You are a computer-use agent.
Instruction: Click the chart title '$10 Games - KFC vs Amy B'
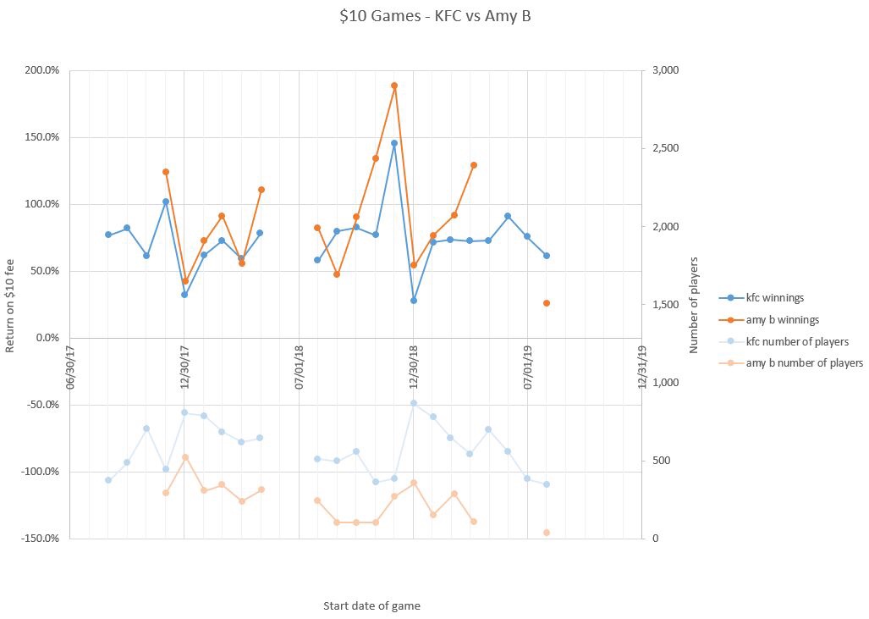coord(434,17)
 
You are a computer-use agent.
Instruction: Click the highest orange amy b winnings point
coord(394,86)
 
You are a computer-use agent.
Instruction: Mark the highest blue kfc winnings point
coord(394,143)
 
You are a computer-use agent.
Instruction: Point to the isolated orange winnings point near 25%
coord(547,303)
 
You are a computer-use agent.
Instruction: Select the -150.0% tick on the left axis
coord(41,539)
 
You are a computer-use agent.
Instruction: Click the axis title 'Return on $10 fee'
coord(11,304)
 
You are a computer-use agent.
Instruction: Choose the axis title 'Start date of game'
coord(371,606)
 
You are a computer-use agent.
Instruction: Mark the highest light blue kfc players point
coord(413,403)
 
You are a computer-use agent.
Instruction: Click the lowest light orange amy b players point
coord(547,533)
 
